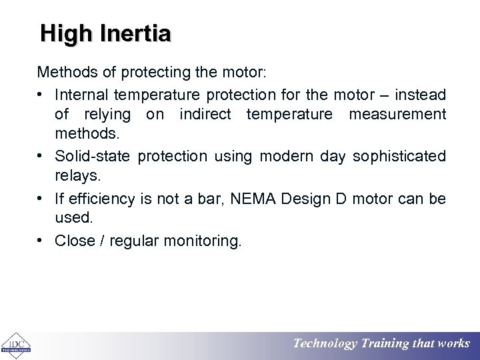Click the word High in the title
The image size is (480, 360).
pyautogui.click(x=62, y=34)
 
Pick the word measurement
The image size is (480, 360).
pyautogui.click(x=397, y=115)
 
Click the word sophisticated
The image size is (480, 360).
pyautogui.click(x=399, y=156)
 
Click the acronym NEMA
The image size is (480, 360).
pyautogui.click(x=251, y=199)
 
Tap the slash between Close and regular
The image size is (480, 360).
pyautogui.click(x=102, y=241)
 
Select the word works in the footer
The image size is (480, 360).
pyautogui.click(x=454, y=344)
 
